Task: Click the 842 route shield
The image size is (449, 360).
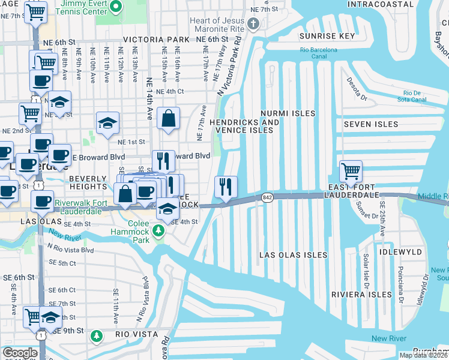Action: [x=267, y=197]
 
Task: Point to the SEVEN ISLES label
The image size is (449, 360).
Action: [x=370, y=124]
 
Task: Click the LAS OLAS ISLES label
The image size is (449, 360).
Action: [x=293, y=255]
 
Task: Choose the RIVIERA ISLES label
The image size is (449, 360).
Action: [x=357, y=295]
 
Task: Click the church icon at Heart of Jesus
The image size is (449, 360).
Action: [x=253, y=24]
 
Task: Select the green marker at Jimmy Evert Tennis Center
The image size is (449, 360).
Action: [x=117, y=7]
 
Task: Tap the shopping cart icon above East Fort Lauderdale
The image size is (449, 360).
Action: [x=351, y=170]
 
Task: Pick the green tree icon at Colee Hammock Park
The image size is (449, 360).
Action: [x=158, y=230]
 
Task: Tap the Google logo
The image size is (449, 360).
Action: [x=19, y=353]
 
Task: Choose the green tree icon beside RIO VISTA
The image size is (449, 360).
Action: [x=96, y=336]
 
